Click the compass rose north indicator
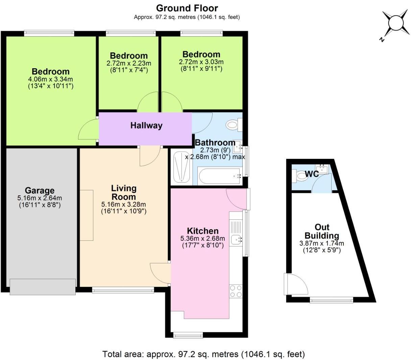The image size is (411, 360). pyautogui.click(x=394, y=25)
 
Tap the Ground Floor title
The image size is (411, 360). pyautogui.click(x=187, y=8)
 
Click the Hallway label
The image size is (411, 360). pyautogui.click(x=146, y=125)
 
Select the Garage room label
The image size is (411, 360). pyautogui.click(x=40, y=191)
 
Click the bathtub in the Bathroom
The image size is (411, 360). pyautogui.click(x=219, y=176)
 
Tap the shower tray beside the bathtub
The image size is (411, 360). pyautogui.click(x=181, y=167)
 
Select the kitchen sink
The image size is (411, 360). pyautogui.click(x=236, y=240)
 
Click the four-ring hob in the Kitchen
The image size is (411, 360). pyautogui.click(x=236, y=291)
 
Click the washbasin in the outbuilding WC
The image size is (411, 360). pyautogui.click(x=322, y=169)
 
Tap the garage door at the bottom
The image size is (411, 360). pyautogui.click(x=43, y=287)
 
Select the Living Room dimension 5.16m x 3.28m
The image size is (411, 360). pyautogui.click(x=123, y=205)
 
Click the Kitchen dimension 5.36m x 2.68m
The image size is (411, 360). pyautogui.click(x=202, y=239)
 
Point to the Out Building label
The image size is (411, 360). pyautogui.click(x=322, y=231)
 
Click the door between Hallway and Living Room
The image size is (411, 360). pyautogui.click(x=150, y=155)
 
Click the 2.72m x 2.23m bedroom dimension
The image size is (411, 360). pyautogui.click(x=129, y=63)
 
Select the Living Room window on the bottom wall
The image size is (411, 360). pyautogui.click(x=123, y=290)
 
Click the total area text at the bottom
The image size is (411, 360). pyautogui.click(x=203, y=354)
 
